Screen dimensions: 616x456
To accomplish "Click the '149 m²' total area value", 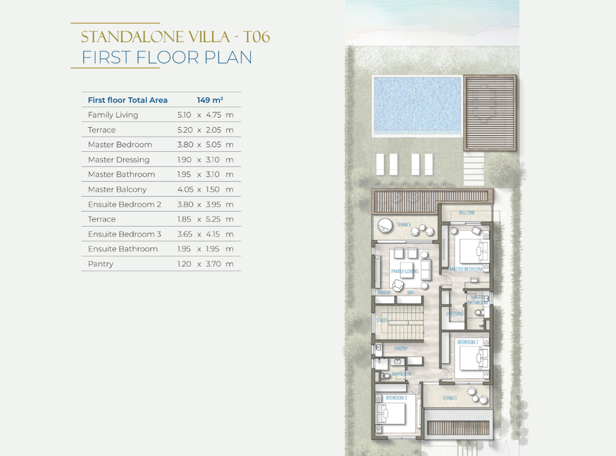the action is pyautogui.click(x=210, y=100).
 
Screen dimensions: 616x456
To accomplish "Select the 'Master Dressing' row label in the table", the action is pyautogui.click(x=119, y=160).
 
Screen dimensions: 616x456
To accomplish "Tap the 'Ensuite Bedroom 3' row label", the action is pyautogui.click(x=124, y=234).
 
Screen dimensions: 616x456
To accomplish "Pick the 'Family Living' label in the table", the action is pyautogui.click(x=113, y=115).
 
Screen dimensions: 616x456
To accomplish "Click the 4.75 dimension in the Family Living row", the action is pyautogui.click(x=214, y=115).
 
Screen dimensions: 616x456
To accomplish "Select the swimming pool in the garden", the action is pyautogui.click(x=417, y=105).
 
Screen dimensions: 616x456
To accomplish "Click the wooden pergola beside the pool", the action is pyautogui.click(x=489, y=113).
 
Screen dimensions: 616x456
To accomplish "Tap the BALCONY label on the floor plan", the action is pyautogui.click(x=467, y=213).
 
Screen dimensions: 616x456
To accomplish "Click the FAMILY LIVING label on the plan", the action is pyautogui.click(x=404, y=272).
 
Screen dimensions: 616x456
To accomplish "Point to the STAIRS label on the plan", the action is pyautogui.click(x=381, y=320).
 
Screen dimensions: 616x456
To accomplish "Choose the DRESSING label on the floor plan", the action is pyautogui.click(x=455, y=314).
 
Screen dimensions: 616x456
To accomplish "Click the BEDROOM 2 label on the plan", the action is pyautogui.click(x=467, y=342).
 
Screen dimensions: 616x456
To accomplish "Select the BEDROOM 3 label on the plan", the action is pyautogui.click(x=396, y=398).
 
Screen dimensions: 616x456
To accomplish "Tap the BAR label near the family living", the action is pyautogui.click(x=411, y=292).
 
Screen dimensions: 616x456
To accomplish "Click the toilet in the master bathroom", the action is pyautogui.click(x=479, y=313).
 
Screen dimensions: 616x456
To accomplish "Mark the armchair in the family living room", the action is pyautogui.click(x=398, y=286).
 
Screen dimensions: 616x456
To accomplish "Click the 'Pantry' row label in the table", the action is pyautogui.click(x=101, y=264).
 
